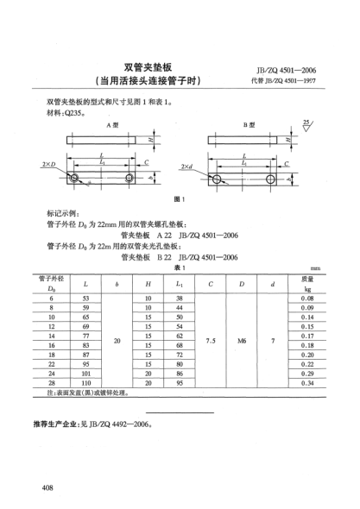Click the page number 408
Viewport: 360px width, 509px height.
click(x=48, y=488)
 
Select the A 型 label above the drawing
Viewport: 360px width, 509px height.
click(x=111, y=126)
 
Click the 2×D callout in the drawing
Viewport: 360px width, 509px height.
click(x=49, y=164)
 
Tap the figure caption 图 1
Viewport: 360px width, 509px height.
click(x=180, y=198)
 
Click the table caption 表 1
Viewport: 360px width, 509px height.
click(x=180, y=267)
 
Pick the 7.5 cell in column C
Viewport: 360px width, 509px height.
click(x=211, y=341)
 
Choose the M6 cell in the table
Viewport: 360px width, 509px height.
click(x=243, y=341)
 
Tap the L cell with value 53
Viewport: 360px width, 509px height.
click(x=85, y=298)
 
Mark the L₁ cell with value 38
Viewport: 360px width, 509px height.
click(x=180, y=298)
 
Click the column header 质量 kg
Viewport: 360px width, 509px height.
click(x=306, y=283)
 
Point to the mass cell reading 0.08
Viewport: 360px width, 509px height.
click(x=306, y=298)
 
